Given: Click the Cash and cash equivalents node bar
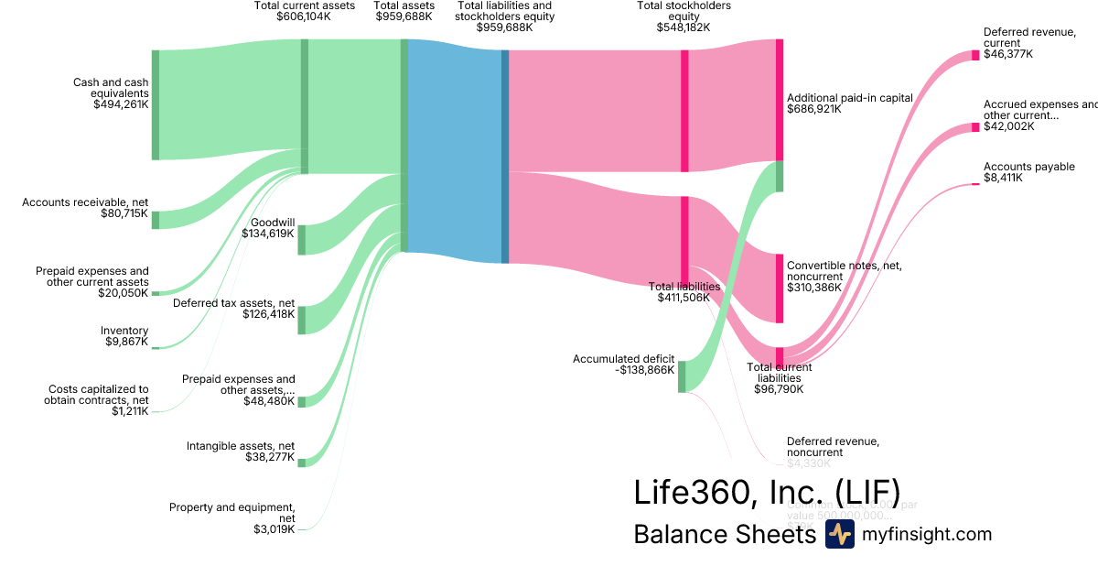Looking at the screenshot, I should click(156, 105).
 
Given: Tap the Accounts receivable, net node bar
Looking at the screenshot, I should click(156, 220).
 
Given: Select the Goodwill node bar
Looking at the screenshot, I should click(302, 239).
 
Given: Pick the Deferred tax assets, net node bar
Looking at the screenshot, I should click(302, 321).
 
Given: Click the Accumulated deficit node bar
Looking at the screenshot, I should click(682, 376).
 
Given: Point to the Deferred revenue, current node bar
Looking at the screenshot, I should click(975, 55).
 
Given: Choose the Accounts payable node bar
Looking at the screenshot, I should click(975, 184).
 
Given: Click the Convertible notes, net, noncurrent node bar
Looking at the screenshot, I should click(780, 288).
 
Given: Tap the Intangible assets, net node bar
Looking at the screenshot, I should click(302, 462).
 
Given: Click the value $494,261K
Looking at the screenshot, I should click(121, 105).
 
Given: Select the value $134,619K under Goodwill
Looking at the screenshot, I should click(268, 234).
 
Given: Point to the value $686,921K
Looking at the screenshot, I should click(814, 109).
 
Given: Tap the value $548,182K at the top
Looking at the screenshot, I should click(684, 27).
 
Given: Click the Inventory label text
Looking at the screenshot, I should click(124, 331).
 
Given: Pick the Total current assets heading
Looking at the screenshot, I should click(304, 5).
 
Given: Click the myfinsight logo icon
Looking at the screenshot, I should click(839, 534).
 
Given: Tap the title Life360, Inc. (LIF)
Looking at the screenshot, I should click(767, 492).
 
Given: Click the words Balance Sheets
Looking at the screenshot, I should click(724, 535).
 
